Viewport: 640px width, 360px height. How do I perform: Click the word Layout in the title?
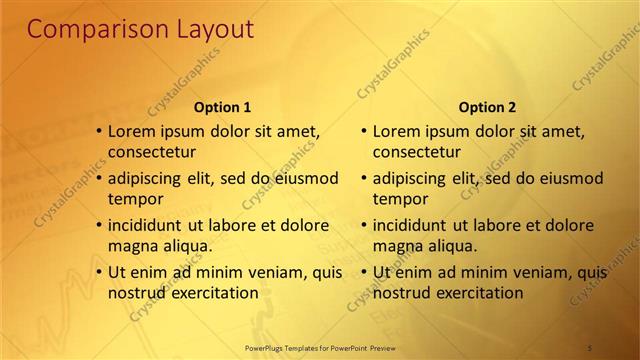[x=206, y=30]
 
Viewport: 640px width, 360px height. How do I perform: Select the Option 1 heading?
[x=221, y=107]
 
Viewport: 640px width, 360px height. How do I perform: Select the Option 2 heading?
[x=486, y=107]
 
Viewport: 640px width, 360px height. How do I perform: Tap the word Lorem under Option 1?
[x=130, y=131]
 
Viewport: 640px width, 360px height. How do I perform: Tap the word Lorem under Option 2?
[x=395, y=131]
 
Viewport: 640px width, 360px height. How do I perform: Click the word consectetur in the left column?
[x=151, y=153]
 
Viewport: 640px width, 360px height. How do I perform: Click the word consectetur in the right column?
[x=416, y=153]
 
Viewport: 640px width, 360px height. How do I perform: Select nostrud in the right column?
[x=401, y=293]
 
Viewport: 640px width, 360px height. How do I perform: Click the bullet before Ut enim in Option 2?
[x=364, y=271]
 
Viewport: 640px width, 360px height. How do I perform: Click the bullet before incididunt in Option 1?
[x=99, y=225]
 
